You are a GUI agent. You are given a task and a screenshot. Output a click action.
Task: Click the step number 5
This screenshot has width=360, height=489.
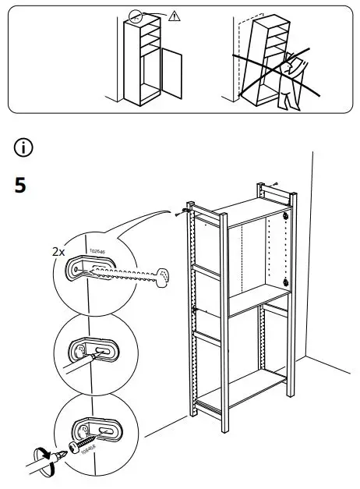click(x=21, y=186)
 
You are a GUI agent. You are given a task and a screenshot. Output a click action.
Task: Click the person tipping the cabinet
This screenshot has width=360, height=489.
click(x=292, y=82)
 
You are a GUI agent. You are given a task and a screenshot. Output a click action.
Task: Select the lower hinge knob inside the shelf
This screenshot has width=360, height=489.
click(x=287, y=283)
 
